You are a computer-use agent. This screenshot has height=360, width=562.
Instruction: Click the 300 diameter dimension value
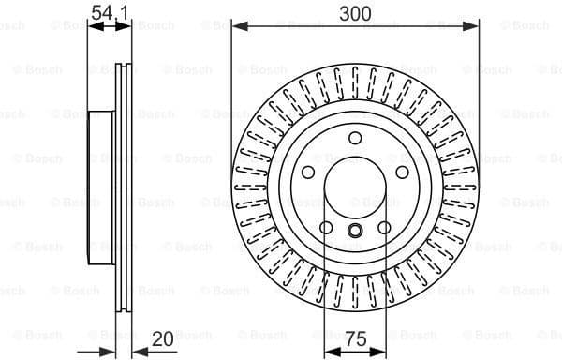coord(355,12)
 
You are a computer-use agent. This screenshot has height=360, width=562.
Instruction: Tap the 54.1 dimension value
coord(110,12)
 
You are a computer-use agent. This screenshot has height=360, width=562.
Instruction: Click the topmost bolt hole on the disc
coord(355,139)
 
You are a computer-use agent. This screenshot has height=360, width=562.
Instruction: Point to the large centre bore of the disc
coord(355,191)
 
